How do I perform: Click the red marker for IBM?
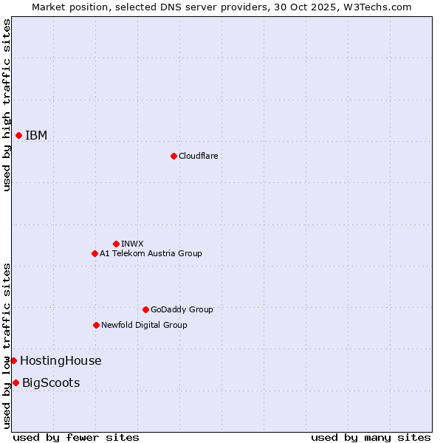18,135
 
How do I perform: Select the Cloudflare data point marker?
174,156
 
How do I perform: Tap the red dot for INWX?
116,244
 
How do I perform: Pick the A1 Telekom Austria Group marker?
95,253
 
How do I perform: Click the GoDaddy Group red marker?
145,309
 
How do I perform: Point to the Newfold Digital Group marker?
96,325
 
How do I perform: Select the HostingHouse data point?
13,360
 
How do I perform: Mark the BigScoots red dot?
16,382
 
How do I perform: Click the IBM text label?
36,135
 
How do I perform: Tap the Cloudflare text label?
198,156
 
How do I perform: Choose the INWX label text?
132,244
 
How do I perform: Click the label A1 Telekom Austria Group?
151,253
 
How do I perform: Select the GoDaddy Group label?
182,309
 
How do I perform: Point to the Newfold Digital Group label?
144,325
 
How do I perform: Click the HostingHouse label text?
61,360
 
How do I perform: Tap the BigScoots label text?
51,382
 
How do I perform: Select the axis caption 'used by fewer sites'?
76,437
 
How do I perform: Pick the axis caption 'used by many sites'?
371,437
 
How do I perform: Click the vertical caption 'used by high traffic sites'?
7,105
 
